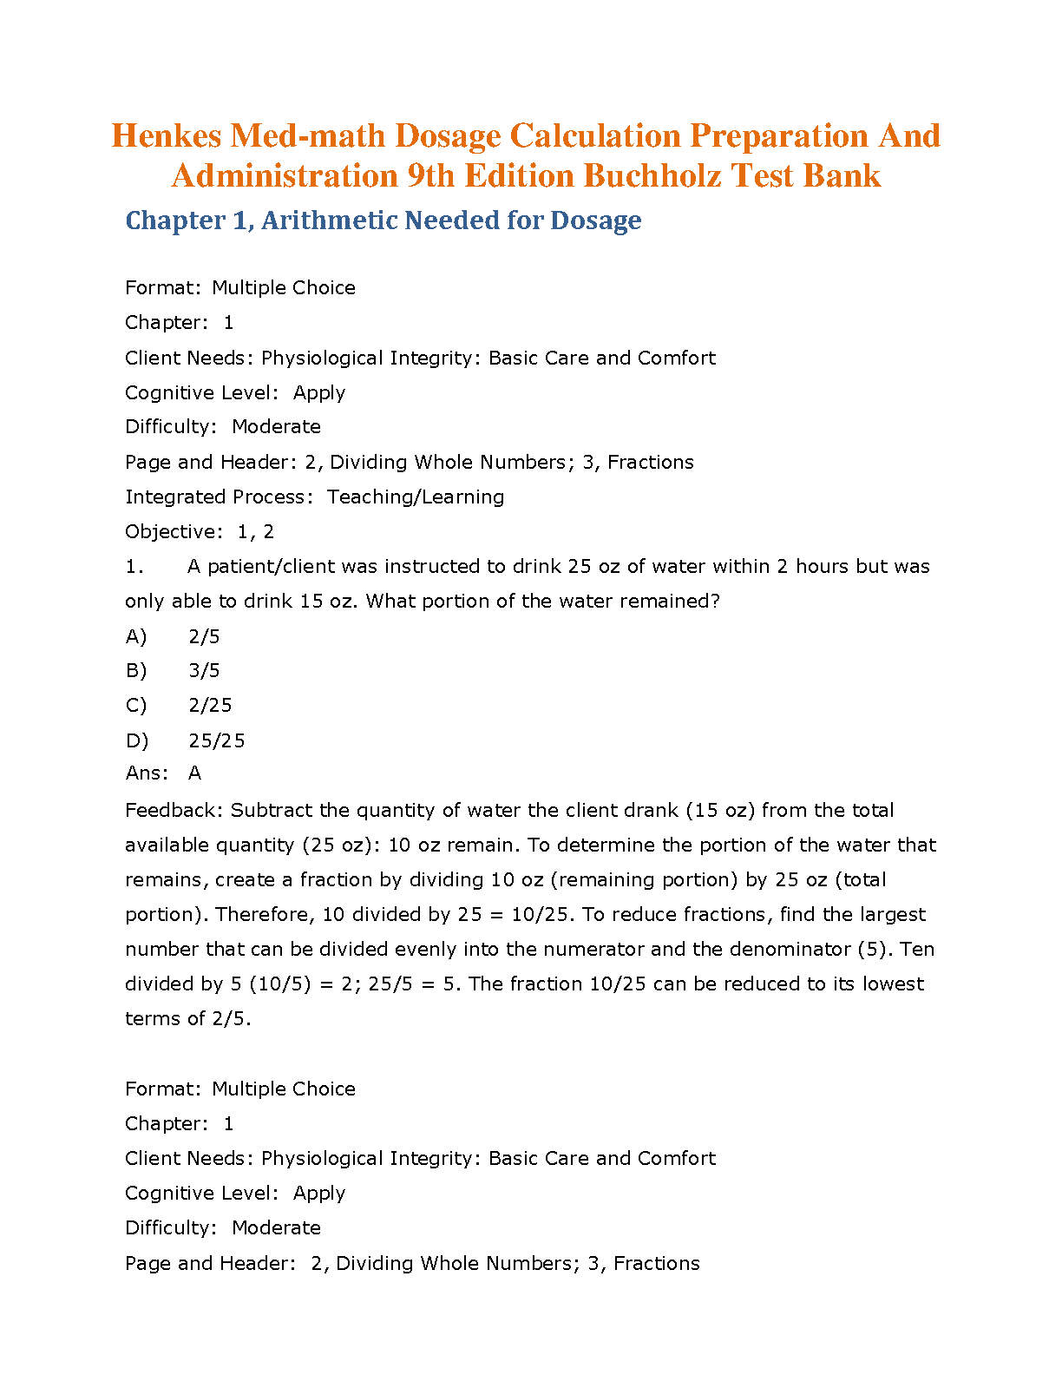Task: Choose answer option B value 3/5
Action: (204, 671)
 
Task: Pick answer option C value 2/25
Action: (210, 706)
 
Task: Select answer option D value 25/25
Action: (216, 740)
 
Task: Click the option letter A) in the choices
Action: (136, 636)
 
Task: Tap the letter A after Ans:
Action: (194, 773)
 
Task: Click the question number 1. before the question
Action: (134, 567)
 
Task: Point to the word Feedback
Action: (174, 810)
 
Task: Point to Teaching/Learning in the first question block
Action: (416, 497)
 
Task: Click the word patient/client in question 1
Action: (259, 567)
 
